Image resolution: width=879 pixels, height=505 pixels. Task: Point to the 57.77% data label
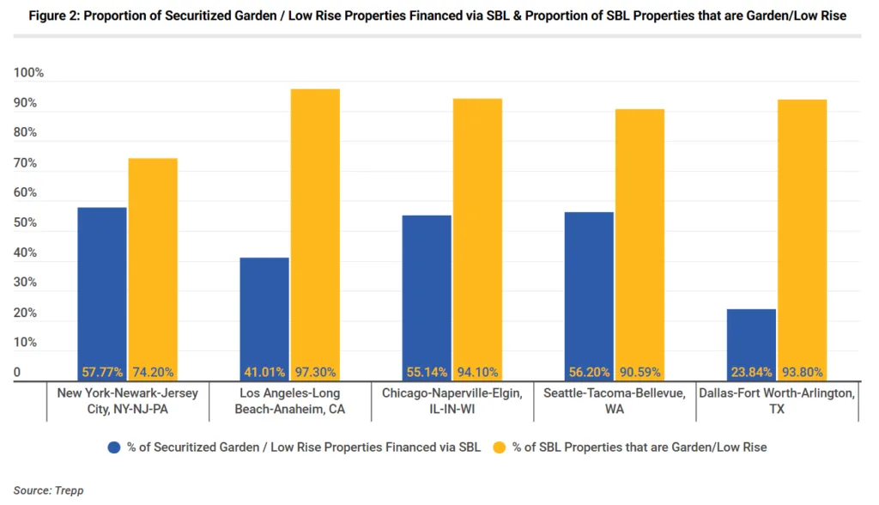102,373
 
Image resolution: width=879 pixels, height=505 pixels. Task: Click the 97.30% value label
315,373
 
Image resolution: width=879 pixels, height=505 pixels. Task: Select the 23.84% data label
751,373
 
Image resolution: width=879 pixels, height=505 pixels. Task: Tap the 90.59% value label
640,373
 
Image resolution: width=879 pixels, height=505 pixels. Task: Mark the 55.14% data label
427,373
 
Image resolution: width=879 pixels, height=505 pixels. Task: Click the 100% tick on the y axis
28,73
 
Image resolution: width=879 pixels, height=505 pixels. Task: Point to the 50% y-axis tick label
25,222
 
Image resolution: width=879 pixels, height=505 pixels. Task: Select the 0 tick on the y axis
16,373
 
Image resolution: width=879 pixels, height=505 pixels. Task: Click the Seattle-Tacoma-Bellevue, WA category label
615,401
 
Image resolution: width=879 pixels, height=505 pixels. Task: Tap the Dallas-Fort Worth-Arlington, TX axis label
777,401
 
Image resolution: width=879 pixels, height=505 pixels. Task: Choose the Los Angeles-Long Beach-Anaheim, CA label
290,401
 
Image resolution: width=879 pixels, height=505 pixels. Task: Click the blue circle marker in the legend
114,447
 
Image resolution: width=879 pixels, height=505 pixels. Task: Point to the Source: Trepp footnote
48,490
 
